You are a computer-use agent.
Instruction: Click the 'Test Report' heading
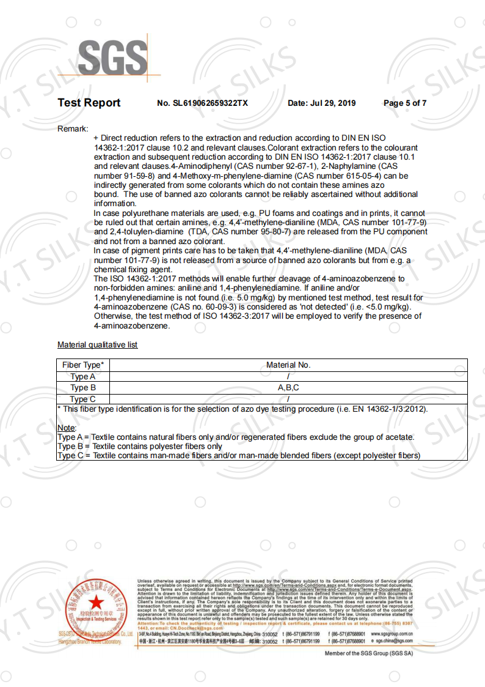click(89, 103)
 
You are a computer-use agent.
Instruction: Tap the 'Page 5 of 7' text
click(404, 103)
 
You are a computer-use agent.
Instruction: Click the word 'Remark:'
click(73, 128)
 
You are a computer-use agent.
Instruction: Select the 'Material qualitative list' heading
click(97, 345)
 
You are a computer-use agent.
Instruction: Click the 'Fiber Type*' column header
click(82, 365)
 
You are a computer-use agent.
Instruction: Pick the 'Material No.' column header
click(288, 365)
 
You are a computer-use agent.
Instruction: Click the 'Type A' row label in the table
click(82, 377)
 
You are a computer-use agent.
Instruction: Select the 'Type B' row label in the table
click(82, 388)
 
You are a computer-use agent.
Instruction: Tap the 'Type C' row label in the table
click(82, 399)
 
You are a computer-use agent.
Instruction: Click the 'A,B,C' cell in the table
click(288, 388)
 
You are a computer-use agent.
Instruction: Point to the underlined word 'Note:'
click(67, 428)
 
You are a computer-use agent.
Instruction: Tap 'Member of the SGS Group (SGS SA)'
click(368, 653)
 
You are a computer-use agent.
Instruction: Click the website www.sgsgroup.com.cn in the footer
click(392, 634)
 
